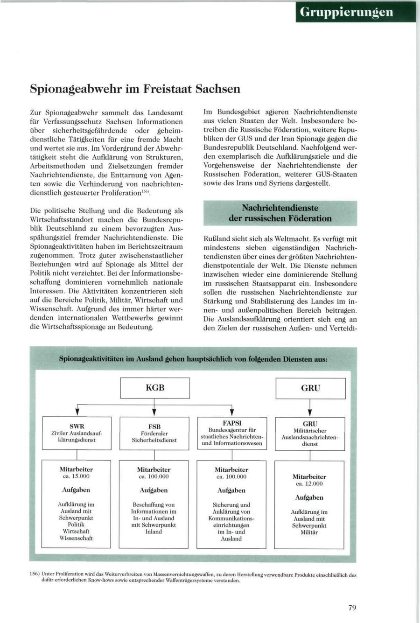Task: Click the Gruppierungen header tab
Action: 355,12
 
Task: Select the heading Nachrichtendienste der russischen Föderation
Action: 280,213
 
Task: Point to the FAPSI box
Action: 232,433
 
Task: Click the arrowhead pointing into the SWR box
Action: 77,412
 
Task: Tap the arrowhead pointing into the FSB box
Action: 154,412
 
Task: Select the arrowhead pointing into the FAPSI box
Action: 232,412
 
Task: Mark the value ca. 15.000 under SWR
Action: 77,476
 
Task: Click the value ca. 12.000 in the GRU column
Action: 309,483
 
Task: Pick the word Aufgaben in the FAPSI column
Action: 231,490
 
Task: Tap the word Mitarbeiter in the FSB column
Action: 154,469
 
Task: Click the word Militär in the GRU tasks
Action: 309,532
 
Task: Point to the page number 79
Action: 352,607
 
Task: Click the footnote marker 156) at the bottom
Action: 35,575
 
